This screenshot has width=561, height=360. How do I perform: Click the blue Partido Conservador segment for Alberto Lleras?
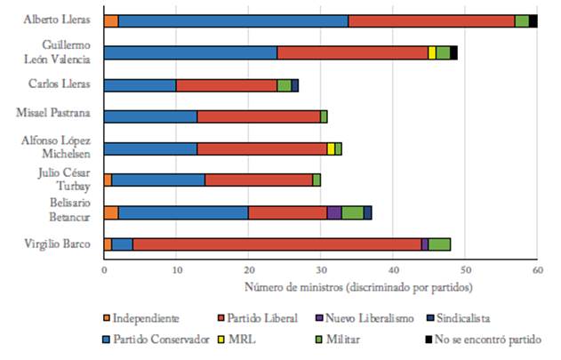click(x=233, y=21)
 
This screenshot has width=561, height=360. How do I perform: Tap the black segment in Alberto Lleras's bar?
click(x=533, y=21)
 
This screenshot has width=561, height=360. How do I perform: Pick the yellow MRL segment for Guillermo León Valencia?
click(x=432, y=52)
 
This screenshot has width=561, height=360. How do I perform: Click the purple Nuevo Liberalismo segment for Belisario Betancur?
click(x=334, y=212)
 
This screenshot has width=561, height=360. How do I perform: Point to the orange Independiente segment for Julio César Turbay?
click(x=108, y=180)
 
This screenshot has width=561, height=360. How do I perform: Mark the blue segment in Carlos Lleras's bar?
click(x=140, y=85)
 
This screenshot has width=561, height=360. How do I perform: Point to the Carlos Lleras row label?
click(x=59, y=84)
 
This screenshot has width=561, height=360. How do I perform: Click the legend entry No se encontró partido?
click(x=491, y=339)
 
